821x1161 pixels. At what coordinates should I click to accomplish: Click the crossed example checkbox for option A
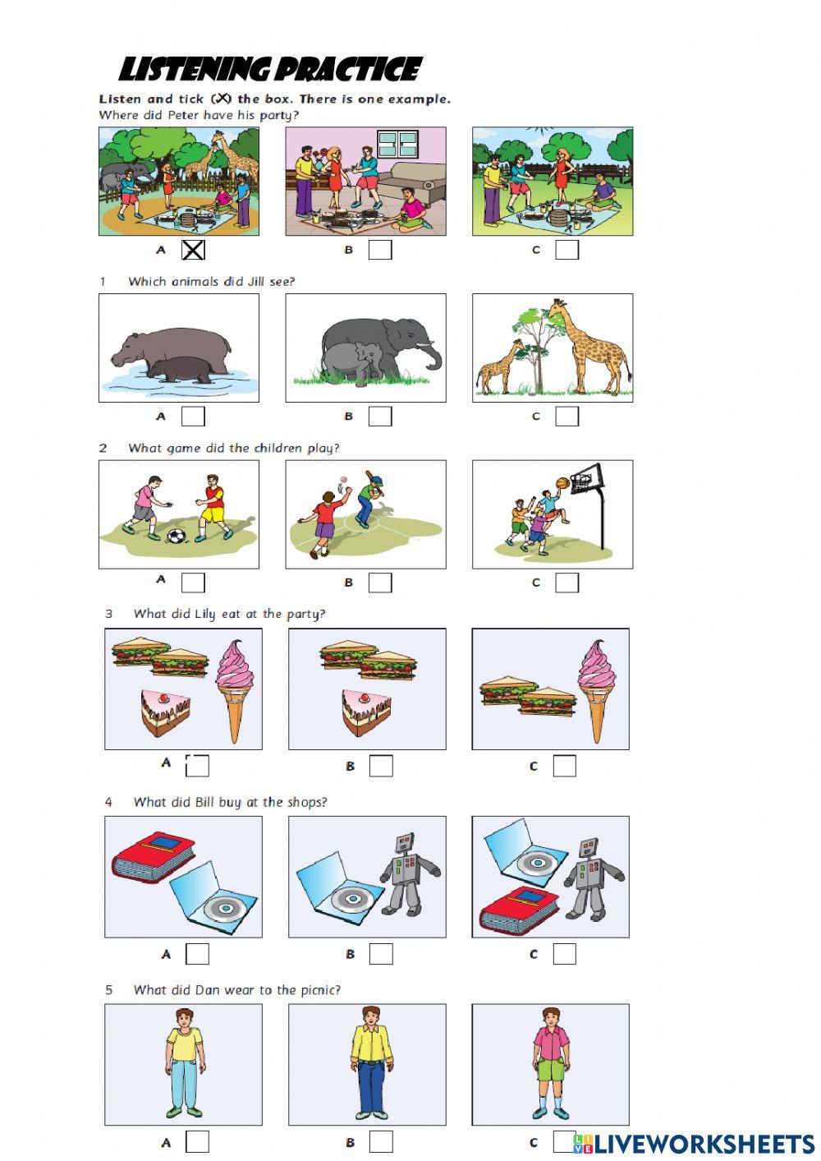pyautogui.click(x=194, y=250)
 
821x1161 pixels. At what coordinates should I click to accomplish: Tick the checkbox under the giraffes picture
pyautogui.click(x=567, y=416)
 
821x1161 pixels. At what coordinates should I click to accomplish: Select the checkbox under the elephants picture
pyautogui.click(x=380, y=416)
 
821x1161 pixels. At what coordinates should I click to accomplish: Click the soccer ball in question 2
pyautogui.click(x=177, y=536)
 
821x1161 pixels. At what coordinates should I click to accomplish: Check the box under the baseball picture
pyautogui.click(x=380, y=583)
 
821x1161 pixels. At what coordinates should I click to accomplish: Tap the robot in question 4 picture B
pyautogui.click(x=406, y=874)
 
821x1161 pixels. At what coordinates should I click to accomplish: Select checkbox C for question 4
pyautogui.click(x=564, y=954)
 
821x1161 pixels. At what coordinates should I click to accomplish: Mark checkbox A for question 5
pyautogui.click(x=197, y=1141)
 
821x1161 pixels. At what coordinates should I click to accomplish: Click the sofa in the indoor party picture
pyautogui.click(x=413, y=185)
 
